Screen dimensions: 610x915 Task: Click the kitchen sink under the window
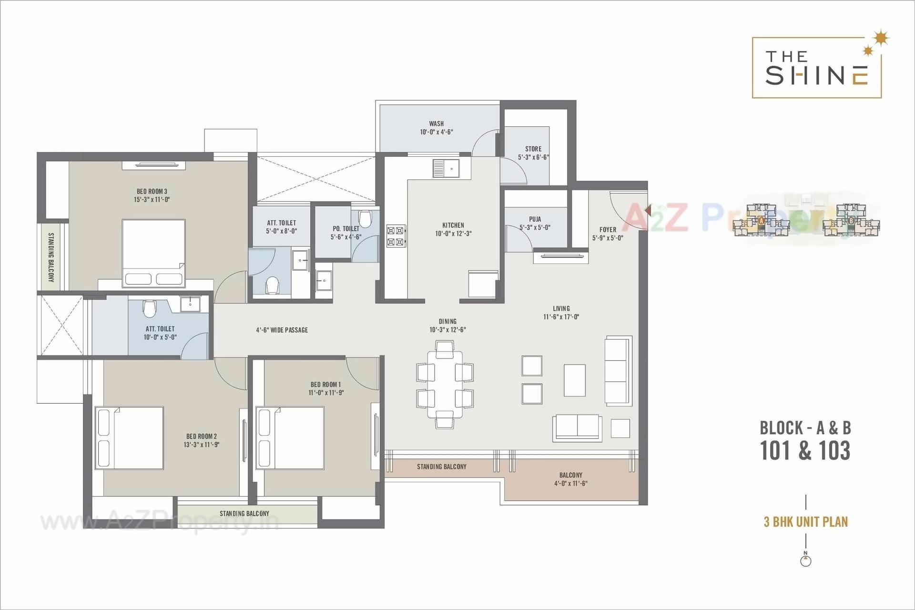[x=446, y=168]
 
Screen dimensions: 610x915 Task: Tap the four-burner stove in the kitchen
[x=396, y=236]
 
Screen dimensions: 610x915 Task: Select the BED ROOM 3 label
[x=152, y=191]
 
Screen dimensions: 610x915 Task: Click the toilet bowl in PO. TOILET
[x=365, y=219]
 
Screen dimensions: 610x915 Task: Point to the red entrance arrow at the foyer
[x=647, y=210]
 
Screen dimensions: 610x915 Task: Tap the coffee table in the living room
[x=574, y=380]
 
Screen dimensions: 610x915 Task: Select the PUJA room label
[x=535, y=219]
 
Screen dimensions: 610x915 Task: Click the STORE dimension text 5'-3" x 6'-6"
[x=533, y=157]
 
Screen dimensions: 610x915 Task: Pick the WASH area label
[x=436, y=123]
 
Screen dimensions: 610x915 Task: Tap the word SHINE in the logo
[x=816, y=75]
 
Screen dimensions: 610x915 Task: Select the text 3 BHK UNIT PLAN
[x=805, y=521]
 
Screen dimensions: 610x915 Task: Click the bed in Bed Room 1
[x=290, y=437]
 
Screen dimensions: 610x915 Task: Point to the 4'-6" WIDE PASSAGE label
[x=282, y=330]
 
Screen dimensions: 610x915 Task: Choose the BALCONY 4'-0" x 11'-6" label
[x=570, y=479]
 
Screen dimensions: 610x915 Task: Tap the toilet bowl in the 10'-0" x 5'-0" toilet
[x=149, y=309]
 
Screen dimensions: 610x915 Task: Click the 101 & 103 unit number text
[x=805, y=450]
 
